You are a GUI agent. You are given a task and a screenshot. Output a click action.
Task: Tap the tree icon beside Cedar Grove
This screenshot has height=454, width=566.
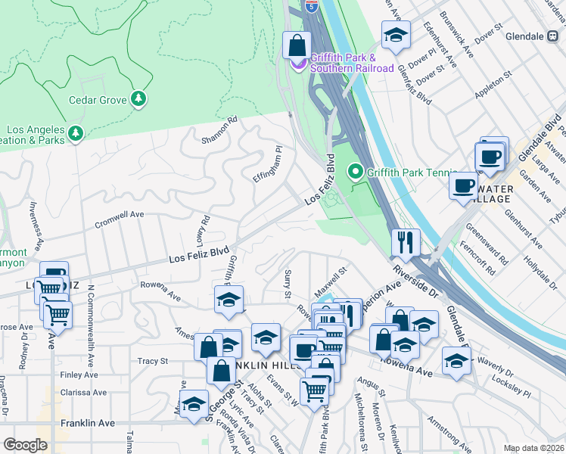[138, 99]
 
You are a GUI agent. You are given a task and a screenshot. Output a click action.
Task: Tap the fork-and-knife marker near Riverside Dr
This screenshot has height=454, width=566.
[406, 242]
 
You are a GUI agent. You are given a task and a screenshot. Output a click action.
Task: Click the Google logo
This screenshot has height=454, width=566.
[25, 444]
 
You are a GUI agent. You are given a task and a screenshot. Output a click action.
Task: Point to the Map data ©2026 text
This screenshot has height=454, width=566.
[533, 448]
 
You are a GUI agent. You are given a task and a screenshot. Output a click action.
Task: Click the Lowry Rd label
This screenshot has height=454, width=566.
[202, 229]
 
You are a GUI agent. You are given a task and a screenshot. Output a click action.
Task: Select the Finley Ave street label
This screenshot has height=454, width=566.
[80, 375]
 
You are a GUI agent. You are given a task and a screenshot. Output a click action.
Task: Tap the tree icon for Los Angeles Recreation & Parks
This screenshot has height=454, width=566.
[75, 134]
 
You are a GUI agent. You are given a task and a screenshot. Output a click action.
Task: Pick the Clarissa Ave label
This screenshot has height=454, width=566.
[83, 393]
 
